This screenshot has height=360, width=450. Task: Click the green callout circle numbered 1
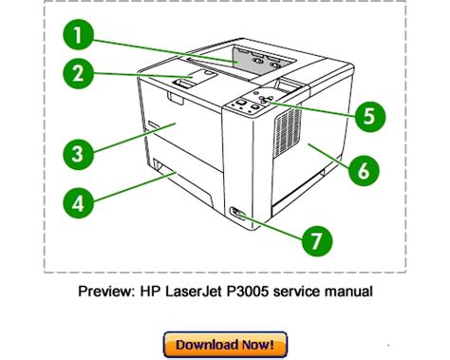[78, 34]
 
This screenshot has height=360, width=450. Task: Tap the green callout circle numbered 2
[79, 74]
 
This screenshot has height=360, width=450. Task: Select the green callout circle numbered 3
[79, 154]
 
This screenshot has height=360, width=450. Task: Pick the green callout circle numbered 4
[79, 202]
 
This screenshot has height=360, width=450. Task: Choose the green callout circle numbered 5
[369, 116]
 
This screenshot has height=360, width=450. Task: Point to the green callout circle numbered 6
[364, 170]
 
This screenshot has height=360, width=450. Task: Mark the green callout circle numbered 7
[317, 241]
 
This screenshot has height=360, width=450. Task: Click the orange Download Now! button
[225, 345]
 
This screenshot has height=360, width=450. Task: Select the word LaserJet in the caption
[194, 292]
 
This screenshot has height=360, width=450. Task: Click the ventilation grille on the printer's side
[288, 132]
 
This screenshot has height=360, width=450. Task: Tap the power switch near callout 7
[237, 213]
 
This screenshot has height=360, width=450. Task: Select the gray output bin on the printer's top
[265, 59]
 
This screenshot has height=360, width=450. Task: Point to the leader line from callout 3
[135, 139]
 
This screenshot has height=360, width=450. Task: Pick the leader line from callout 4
[135, 187]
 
